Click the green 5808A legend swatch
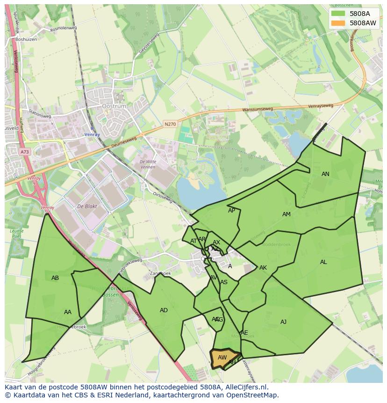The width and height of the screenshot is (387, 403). click(338, 14)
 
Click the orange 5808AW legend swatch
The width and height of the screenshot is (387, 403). click(338, 23)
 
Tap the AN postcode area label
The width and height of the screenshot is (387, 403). click(325, 174)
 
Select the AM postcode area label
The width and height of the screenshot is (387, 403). click(287, 214)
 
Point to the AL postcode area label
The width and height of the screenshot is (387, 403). click(323, 262)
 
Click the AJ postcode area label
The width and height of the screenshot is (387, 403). click(283, 322)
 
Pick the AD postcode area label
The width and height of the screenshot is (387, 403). click(164, 310)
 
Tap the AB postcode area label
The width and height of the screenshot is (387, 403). click(55, 278)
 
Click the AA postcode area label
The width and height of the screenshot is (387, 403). click(68, 312)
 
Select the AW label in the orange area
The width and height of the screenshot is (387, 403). click(222, 358)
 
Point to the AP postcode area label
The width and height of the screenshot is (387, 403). click(231, 211)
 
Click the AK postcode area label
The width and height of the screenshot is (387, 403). click(263, 268)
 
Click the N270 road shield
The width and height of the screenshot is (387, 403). click(170, 125)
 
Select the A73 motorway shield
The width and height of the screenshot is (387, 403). click(24, 152)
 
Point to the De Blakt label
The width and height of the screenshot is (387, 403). click(86, 206)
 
